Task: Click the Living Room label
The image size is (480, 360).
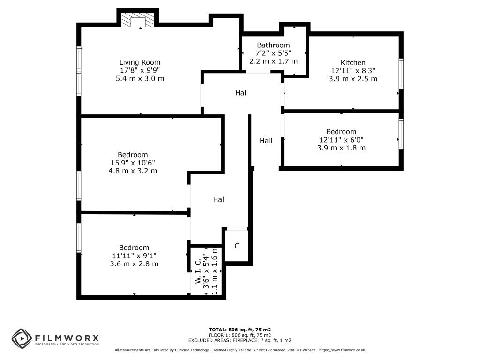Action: pos(140,62)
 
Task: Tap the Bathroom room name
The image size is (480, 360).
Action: pos(273,45)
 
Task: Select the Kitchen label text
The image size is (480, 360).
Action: pos(353,63)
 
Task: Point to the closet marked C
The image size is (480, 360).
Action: pos(237,246)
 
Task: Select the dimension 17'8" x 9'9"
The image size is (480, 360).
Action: pos(140,70)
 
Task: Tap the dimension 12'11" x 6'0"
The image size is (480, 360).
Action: pos(341,140)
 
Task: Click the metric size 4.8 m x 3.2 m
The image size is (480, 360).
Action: pos(133,171)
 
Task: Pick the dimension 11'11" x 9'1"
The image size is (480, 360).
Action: pos(134,255)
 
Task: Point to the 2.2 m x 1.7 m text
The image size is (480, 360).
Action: pos(273,61)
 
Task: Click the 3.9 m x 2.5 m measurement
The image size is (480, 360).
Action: pos(353,79)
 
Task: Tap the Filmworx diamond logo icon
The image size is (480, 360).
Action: pos(22,338)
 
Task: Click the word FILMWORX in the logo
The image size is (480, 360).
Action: pos(67,338)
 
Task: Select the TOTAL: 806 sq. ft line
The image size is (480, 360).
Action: pos(240,330)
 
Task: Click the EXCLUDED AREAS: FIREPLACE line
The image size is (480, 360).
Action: pos(240,340)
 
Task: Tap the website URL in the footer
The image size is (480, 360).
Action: pos(342,350)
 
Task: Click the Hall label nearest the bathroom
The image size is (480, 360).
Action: pos(241,93)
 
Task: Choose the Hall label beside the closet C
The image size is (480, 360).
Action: pos(219,200)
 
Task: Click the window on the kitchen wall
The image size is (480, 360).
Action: pos(401,74)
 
